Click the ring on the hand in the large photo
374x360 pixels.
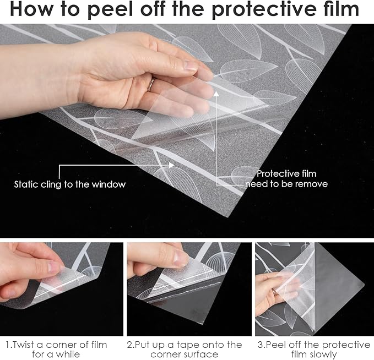point(151,85)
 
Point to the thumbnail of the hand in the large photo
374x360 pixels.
point(191,66)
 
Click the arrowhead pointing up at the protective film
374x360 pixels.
point(216,94)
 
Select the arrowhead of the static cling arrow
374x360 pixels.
point(171,165)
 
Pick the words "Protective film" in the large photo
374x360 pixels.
point(286,173)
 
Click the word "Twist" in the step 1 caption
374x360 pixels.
point(23,345)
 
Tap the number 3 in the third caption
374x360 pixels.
point(260,345)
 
